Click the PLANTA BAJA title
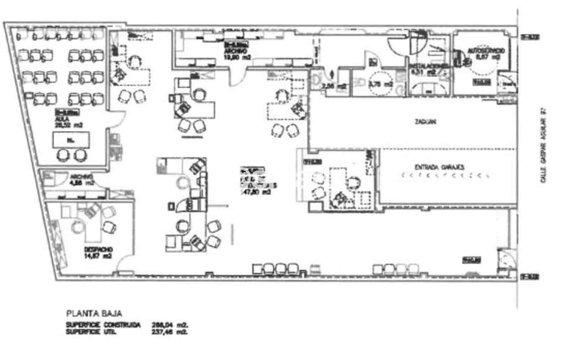[94, 314]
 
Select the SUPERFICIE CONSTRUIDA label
[103, 325]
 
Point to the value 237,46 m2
[169, 332]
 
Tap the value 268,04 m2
[169, 325]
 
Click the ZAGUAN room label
[425, 122]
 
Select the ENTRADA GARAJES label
[437, 167]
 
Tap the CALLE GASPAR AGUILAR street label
[543, 146]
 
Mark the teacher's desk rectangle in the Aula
[71, 140]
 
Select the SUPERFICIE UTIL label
[91, 332]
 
